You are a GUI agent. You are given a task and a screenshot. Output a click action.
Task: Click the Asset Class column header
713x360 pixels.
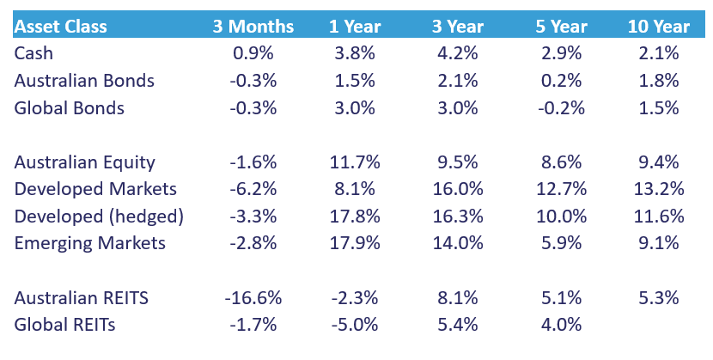tap(60, 27)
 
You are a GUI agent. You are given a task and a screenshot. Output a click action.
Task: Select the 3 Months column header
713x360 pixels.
tap(253, 27)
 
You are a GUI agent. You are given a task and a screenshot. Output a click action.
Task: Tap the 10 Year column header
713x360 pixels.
tap(659, 27)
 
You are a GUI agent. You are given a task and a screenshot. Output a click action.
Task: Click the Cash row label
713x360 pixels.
tap(33, 53)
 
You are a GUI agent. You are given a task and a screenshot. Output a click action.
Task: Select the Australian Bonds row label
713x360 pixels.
tap(84, 81)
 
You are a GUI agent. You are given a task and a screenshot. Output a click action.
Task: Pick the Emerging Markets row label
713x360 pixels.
tap(89, 243)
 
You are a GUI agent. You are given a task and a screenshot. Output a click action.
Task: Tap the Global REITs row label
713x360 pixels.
tap(64, 325)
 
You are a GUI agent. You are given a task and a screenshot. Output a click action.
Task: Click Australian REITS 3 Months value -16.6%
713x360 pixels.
tap(253, 298)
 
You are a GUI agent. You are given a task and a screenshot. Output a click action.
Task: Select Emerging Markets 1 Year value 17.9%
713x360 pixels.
tap(353, 243)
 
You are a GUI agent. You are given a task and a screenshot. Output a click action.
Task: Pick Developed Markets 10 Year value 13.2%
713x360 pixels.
tap(659, 189)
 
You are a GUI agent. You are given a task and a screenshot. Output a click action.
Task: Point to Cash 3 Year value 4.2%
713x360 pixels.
tap(454, 53)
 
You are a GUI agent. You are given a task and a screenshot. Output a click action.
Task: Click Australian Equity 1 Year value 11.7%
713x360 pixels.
tap(353, 162)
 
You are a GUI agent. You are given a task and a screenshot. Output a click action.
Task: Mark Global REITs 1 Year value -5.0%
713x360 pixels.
tap(353, 325)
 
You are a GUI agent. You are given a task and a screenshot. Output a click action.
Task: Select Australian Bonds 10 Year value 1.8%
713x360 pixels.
tap(659, 81)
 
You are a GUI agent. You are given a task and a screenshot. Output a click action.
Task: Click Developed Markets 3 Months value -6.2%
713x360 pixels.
tap(253, 189)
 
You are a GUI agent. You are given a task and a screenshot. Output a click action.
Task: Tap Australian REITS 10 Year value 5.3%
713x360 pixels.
tap(659, 298)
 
